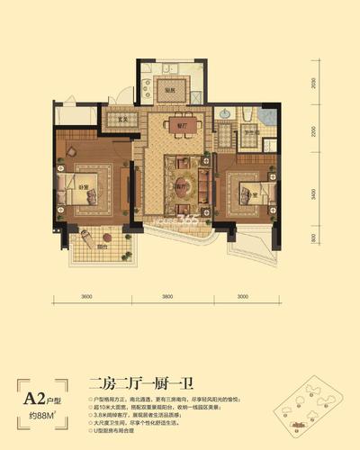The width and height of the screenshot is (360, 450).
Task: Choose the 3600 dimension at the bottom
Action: (x=86, y=296)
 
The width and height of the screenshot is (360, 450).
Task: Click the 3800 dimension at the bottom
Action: (x=167, y=296)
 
